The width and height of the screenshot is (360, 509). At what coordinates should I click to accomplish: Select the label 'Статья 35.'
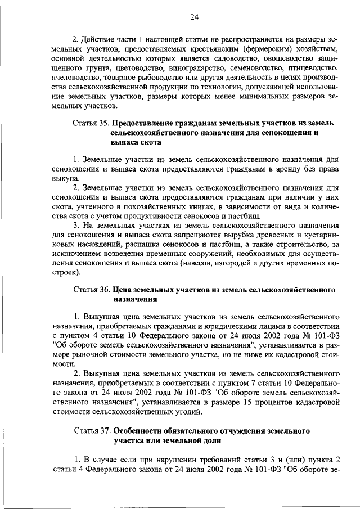pos(92,123)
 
